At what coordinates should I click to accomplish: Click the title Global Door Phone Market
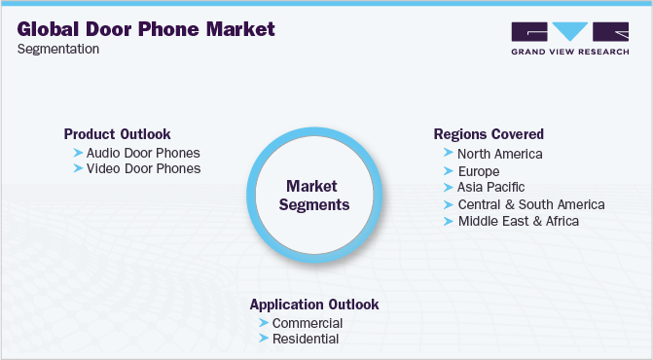point(146,29)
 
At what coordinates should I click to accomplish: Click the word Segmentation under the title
point(58,50)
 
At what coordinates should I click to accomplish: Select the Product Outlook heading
point(117,134)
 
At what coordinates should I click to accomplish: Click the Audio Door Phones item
point(143,153)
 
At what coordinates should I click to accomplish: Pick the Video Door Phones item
point(143,168)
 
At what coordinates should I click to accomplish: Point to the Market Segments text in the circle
point(313,195)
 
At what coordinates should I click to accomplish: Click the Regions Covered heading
point(489,134)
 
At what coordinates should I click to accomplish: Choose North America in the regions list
point(500,154)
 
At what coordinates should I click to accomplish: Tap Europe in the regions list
point(478,170)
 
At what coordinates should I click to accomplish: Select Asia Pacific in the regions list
point(490,187)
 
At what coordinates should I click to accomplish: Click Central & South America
point(530,204)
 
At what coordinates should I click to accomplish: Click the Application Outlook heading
point(314,305)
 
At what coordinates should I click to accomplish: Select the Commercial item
point(308,323)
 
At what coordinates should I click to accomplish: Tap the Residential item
point(306,339)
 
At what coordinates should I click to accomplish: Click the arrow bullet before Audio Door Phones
point(77,153)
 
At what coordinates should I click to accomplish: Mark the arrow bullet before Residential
point(264,339)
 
